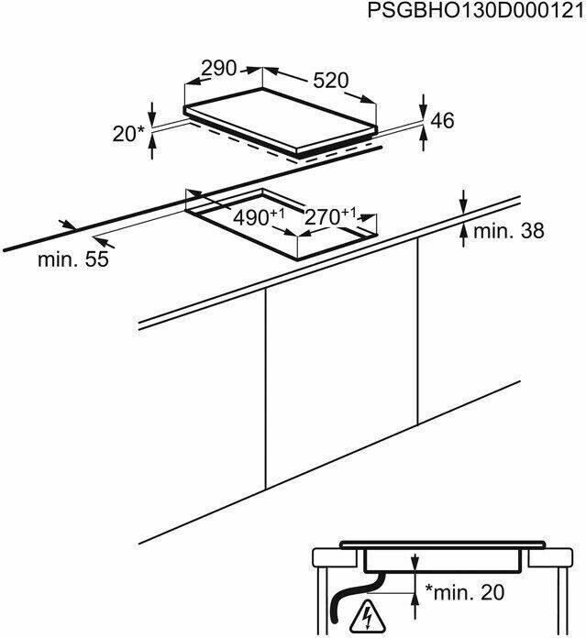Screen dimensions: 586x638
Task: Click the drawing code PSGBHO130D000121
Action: pyautogui.click(x=476, y=11)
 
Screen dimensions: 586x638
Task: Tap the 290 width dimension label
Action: pyautogui.click(x=219, y=69)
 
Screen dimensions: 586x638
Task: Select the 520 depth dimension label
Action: pyautogui.click(x=331, y=81)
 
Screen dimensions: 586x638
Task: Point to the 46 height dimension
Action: pyautogui.click(x=442, y=120)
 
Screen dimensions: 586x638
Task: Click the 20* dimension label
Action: pyautogui.click(x=128, y=134)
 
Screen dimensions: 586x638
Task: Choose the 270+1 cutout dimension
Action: pyautogui.click(x=330, y=216)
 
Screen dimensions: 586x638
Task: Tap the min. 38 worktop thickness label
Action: pyautogui.click(x=509, y=231)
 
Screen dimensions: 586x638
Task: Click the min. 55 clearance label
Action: pyautogui.click(x=73, y=259)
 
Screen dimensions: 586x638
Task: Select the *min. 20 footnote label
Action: pyautogui.click(x=465, y=592)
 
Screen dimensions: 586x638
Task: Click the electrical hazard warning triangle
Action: pyautogui.click(x=368, y=616)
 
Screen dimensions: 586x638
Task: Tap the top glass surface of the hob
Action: pyautogui.click(x=281, y=119)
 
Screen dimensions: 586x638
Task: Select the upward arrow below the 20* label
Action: pyautogui.click(x=152, y=147)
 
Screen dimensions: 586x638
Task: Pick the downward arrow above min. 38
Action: pyautogui.click(x=463, y=201)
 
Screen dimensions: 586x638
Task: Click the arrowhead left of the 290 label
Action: pyautogui.click(x=195, y=82)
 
